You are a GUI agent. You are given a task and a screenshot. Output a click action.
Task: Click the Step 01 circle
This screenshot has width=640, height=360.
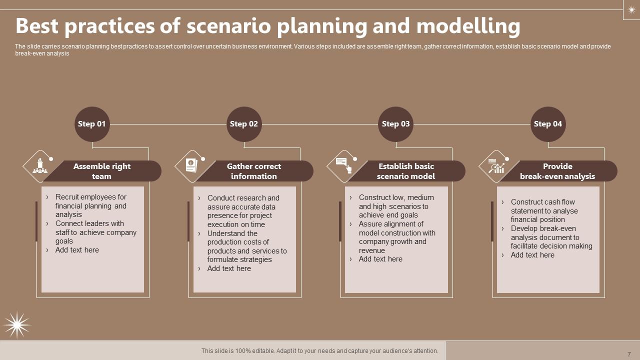92,124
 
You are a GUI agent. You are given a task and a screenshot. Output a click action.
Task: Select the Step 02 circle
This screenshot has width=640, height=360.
244,124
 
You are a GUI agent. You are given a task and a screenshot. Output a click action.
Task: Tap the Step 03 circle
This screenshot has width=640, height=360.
396,124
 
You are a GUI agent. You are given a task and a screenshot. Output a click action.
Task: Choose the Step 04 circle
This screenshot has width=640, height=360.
548,124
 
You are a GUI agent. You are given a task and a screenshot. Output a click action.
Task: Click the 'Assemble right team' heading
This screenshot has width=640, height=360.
102,171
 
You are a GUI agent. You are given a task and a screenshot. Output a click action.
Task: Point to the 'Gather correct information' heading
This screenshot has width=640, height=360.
254,171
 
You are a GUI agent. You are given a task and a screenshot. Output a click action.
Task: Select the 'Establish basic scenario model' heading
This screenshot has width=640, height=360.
406,171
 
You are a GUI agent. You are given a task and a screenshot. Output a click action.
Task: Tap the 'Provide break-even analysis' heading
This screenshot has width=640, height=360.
557,171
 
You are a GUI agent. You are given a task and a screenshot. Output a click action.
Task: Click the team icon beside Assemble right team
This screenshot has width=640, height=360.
40,166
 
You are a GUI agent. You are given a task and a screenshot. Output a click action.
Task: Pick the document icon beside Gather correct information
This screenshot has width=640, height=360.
191,165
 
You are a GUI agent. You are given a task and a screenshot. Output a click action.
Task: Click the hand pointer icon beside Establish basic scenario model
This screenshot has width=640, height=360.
344,165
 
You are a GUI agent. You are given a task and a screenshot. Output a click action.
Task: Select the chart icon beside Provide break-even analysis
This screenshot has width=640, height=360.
496,166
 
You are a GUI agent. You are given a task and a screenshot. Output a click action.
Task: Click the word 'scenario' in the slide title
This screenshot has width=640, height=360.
228,26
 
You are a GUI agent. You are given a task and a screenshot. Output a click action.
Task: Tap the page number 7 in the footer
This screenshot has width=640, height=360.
629,354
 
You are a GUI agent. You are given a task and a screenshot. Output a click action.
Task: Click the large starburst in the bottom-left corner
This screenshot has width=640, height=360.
17,325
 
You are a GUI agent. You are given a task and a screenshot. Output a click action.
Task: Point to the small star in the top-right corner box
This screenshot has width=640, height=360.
631,9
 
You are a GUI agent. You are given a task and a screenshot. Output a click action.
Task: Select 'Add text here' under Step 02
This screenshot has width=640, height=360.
229,268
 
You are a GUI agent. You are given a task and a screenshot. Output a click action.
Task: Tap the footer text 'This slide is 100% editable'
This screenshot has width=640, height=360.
319,351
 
